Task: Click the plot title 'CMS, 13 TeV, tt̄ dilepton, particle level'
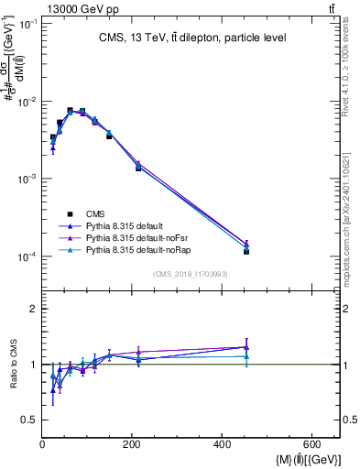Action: click(x=192, y=38)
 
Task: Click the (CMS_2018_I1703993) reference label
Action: click(x=191, y=273)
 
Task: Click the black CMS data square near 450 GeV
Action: click(x=246, y=251)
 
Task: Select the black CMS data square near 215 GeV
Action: click(x=138, y=168)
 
